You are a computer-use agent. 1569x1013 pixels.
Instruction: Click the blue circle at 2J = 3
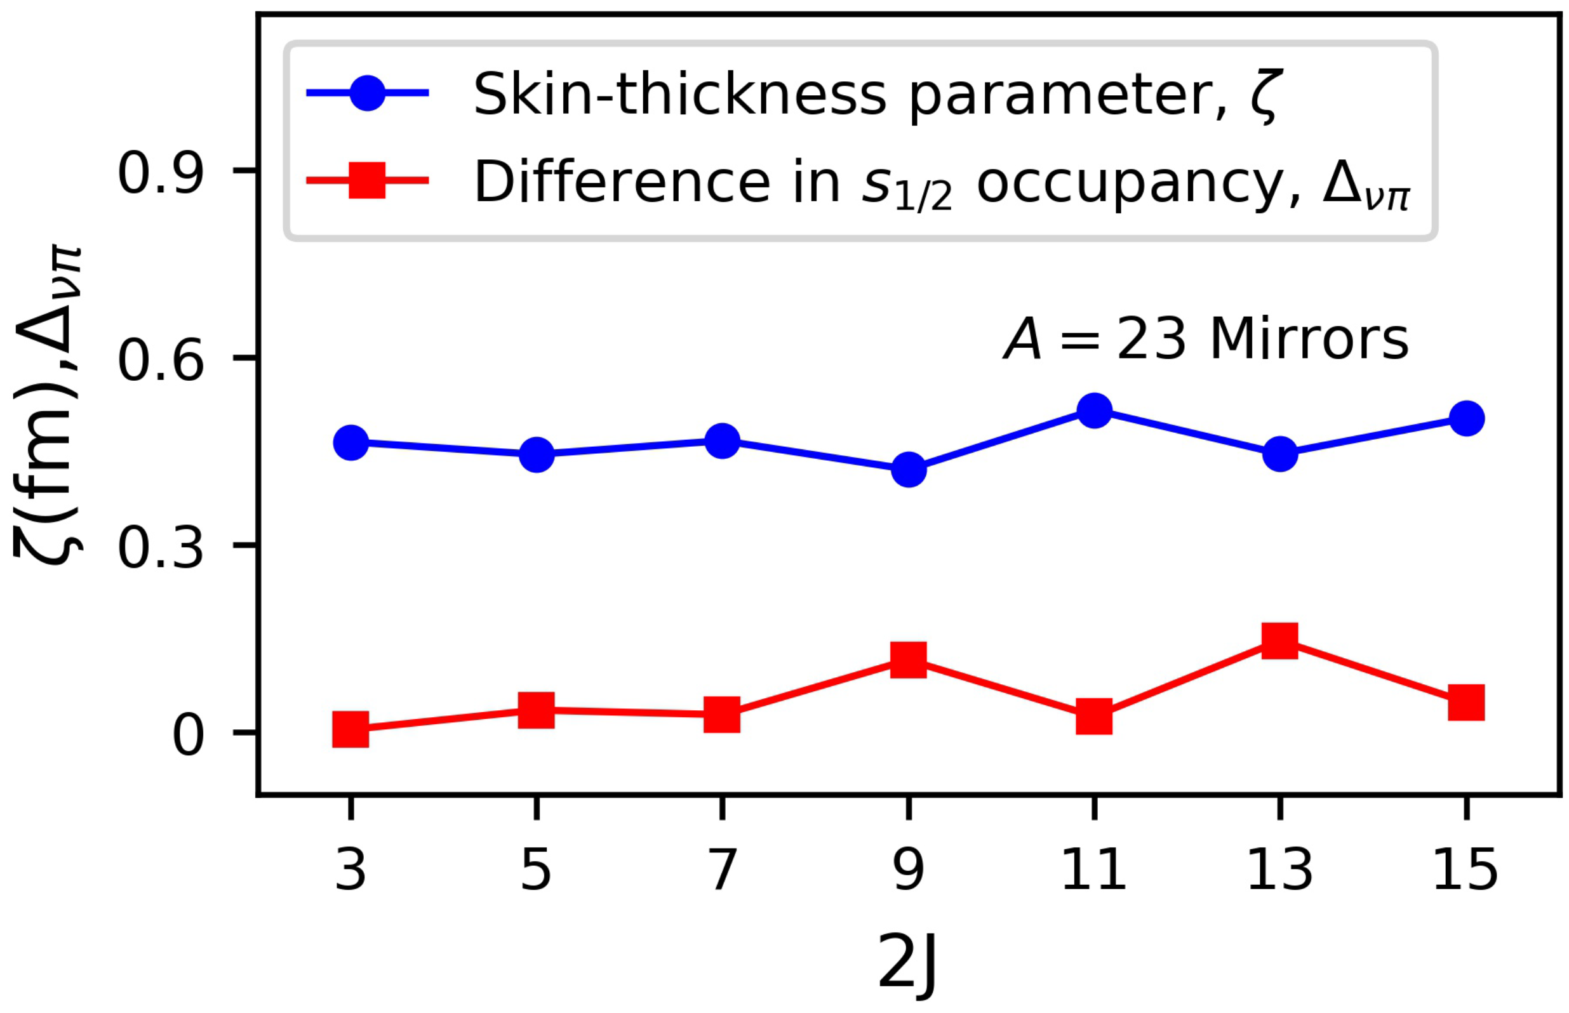pos(351,442)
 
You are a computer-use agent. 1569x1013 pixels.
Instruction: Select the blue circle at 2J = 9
pos(909,470)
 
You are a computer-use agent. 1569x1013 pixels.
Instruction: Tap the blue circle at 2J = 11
pos(1094,411)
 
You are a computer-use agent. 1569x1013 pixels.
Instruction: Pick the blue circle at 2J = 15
pos(1466,418)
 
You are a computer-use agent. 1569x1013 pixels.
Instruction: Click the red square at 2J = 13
pos(1280,640)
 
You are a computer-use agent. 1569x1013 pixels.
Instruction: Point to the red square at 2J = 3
pos(351,729)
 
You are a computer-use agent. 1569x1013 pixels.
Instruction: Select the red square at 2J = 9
pos(909,659)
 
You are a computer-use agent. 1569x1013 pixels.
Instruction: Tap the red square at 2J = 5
pos(537,710)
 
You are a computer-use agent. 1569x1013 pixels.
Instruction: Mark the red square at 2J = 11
pos(1094,717)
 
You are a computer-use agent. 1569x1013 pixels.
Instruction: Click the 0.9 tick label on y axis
pos(160,173)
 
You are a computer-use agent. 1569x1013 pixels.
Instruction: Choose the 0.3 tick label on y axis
pos(160,548)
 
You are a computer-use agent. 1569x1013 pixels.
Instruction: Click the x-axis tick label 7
pos(723,870)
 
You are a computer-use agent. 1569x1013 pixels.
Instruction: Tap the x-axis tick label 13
pos(1280,870)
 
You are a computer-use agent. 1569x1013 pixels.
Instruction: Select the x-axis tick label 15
pos(1466,870)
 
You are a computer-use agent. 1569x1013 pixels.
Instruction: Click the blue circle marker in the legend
pos(367,93)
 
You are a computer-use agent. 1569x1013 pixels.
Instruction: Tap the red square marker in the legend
pos(367,180)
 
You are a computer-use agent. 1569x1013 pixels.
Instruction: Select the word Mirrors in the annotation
pos(1309,340)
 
